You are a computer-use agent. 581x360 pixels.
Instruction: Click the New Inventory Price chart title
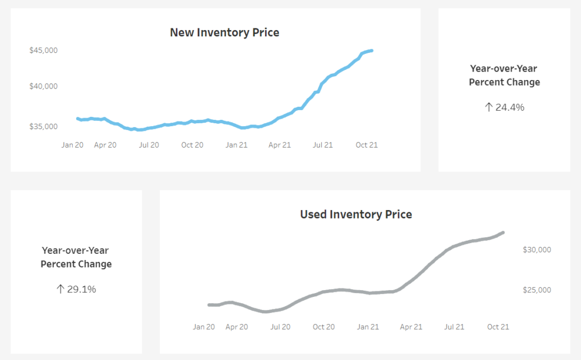[224, 32]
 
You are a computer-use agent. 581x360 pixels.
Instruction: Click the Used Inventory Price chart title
[356, 214]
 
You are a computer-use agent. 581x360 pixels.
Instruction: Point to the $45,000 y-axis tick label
[43, 50]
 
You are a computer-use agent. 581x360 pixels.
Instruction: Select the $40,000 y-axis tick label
[43, 86]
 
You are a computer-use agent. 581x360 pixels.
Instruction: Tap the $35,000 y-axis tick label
[43, 126]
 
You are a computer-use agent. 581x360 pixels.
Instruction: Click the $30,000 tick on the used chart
[536, 249]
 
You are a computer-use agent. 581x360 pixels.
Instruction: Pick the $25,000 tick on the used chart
[536, 290]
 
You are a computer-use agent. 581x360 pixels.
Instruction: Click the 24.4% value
[510, 107]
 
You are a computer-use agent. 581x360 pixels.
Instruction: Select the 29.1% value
[82, 289]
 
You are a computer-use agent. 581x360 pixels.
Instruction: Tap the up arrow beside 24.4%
[489, 107]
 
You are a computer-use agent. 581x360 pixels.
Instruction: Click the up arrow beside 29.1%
[60, 289]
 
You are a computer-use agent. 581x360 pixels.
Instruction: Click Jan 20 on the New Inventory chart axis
[72, 145]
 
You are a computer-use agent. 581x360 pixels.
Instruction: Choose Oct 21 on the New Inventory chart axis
[366, 145]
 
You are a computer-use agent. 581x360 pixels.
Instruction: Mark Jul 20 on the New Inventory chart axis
[149, 145]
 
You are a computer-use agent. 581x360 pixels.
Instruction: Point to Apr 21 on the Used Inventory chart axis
[411, 326]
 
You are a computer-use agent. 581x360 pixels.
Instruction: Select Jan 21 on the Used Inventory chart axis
[367, 326]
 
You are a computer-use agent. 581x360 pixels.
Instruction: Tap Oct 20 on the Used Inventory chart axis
[323, 326]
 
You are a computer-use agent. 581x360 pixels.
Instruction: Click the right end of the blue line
[372, 51]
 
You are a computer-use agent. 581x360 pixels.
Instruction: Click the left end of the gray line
[209, 305]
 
